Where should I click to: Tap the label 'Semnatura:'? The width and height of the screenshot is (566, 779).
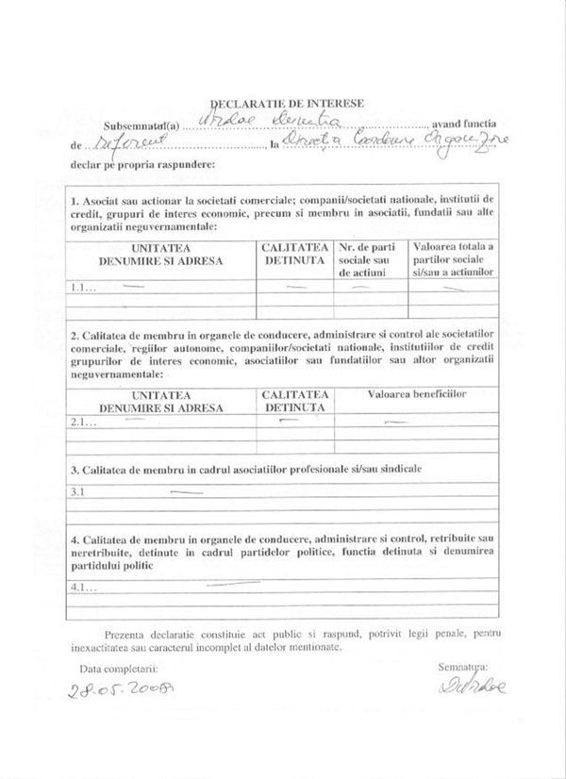point(462,667)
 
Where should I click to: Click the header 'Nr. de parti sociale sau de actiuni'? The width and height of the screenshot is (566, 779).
point(369,258)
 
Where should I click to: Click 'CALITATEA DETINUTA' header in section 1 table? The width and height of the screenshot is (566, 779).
point(294,252)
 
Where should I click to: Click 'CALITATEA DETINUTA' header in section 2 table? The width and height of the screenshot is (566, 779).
point(294,400)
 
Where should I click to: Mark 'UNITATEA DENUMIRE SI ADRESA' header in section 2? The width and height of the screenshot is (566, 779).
point(161,400)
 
